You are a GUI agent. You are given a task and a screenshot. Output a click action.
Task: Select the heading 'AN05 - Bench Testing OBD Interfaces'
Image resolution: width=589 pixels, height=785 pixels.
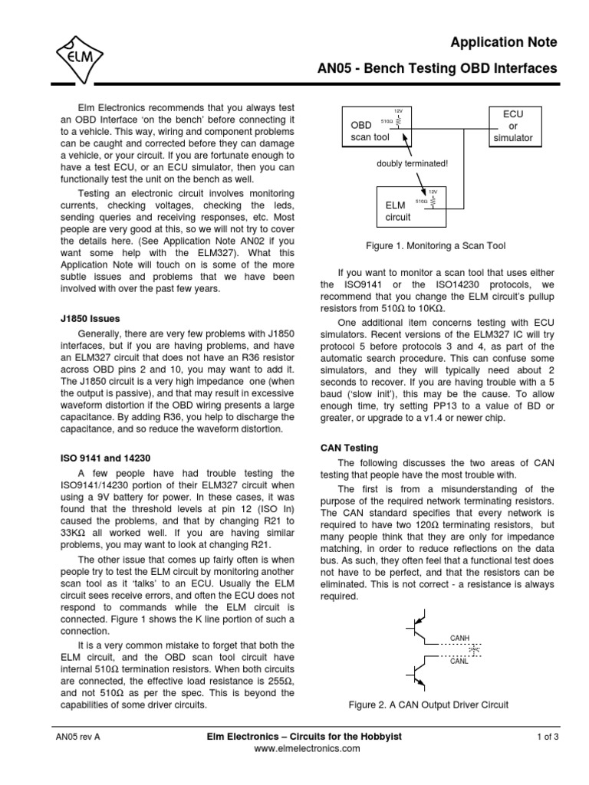pyautogui.click(x=438, y=69)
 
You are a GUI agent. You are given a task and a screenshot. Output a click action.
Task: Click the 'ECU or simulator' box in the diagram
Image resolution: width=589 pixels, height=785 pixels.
pyautogui.click(x=513, y=126)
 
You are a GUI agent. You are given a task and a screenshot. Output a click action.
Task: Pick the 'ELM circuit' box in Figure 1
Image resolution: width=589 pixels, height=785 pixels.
pyautogui.click(x=407, y=205)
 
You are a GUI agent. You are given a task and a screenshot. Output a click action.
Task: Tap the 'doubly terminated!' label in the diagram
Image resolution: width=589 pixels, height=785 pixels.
pyautogui.click(x=411, y=163)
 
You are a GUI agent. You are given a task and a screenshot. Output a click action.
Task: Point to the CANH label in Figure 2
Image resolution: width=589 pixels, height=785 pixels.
pyautogui.click(x=460, y=638)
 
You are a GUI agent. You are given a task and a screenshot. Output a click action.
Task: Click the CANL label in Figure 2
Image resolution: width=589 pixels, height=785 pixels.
pyautogui.click(x=459, y=659)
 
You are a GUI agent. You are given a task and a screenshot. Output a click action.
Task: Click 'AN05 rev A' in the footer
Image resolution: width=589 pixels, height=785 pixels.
pyautogui.click(x=78, y=737)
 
